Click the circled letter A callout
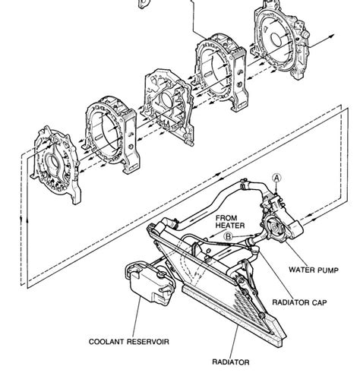point(276,179)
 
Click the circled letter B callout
point(229,236)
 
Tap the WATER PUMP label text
point(314,270)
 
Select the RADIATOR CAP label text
point(299,302)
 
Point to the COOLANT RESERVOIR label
point(129,342)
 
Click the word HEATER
point(230,226)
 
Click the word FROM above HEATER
point(226,218)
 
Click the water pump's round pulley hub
point(275,227)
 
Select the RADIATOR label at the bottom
point(230,362)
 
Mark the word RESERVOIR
point(148,342)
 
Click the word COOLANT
point(106,342)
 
